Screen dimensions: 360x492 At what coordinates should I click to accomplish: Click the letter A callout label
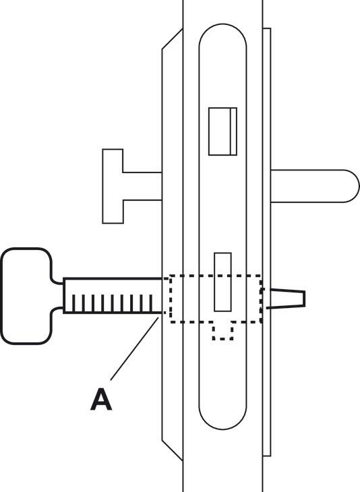101,400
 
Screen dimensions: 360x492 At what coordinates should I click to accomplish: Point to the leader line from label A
134,348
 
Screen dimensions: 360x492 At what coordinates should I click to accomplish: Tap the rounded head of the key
27,296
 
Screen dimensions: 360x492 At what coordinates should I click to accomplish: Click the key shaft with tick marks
113,296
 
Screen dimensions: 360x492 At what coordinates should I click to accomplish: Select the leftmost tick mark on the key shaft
73,303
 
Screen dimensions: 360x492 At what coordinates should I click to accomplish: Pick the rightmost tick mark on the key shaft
150,303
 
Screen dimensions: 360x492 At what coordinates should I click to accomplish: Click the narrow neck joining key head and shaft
57,296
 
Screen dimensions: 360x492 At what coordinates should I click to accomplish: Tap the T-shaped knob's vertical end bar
113,187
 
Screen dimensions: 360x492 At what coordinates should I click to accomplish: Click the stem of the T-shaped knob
142,186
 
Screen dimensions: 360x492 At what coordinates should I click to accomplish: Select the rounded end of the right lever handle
351,186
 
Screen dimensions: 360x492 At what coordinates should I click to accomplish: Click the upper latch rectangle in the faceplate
223,131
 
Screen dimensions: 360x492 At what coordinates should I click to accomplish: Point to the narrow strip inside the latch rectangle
233,131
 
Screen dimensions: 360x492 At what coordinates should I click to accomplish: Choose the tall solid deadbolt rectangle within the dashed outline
223,282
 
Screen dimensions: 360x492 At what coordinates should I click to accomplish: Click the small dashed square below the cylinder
223,331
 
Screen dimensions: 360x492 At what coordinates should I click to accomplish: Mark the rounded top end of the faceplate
223,34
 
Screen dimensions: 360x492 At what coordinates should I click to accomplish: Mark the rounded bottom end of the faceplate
223,418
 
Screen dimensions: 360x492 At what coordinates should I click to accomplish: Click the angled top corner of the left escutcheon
173,39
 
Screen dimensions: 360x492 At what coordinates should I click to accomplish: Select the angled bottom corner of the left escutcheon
173,450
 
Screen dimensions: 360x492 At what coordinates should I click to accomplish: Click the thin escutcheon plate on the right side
267,242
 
